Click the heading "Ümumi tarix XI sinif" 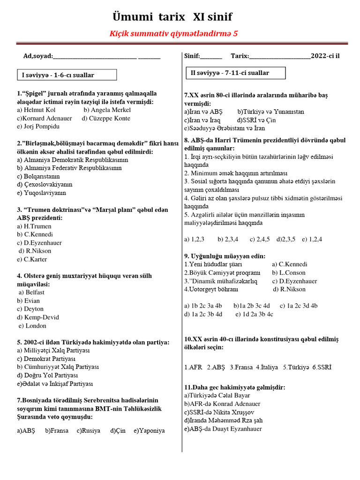click(172, 17)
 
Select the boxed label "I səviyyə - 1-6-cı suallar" click(58, 75)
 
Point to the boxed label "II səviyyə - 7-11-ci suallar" click(230, 73)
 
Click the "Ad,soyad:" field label click(37, 56)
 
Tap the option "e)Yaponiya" click(149, 431)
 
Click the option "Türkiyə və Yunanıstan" click(270, 112)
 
